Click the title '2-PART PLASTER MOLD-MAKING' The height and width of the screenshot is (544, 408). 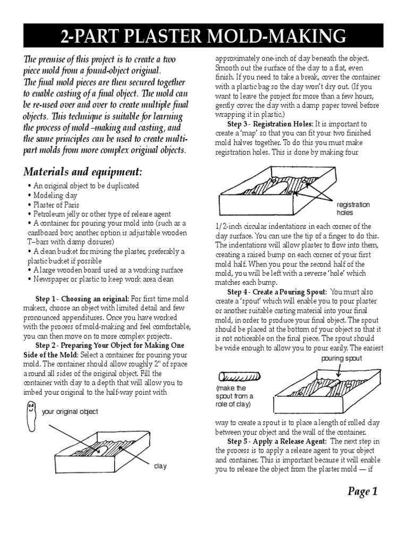click(x=204, y=36)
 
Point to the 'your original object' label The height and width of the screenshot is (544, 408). click(x=70, y=412)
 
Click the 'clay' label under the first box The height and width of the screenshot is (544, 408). click(x=160, y=466)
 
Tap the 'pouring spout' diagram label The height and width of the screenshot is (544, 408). click(x=341, y=359)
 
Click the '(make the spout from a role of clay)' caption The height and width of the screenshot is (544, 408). click(x=234, y=396)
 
